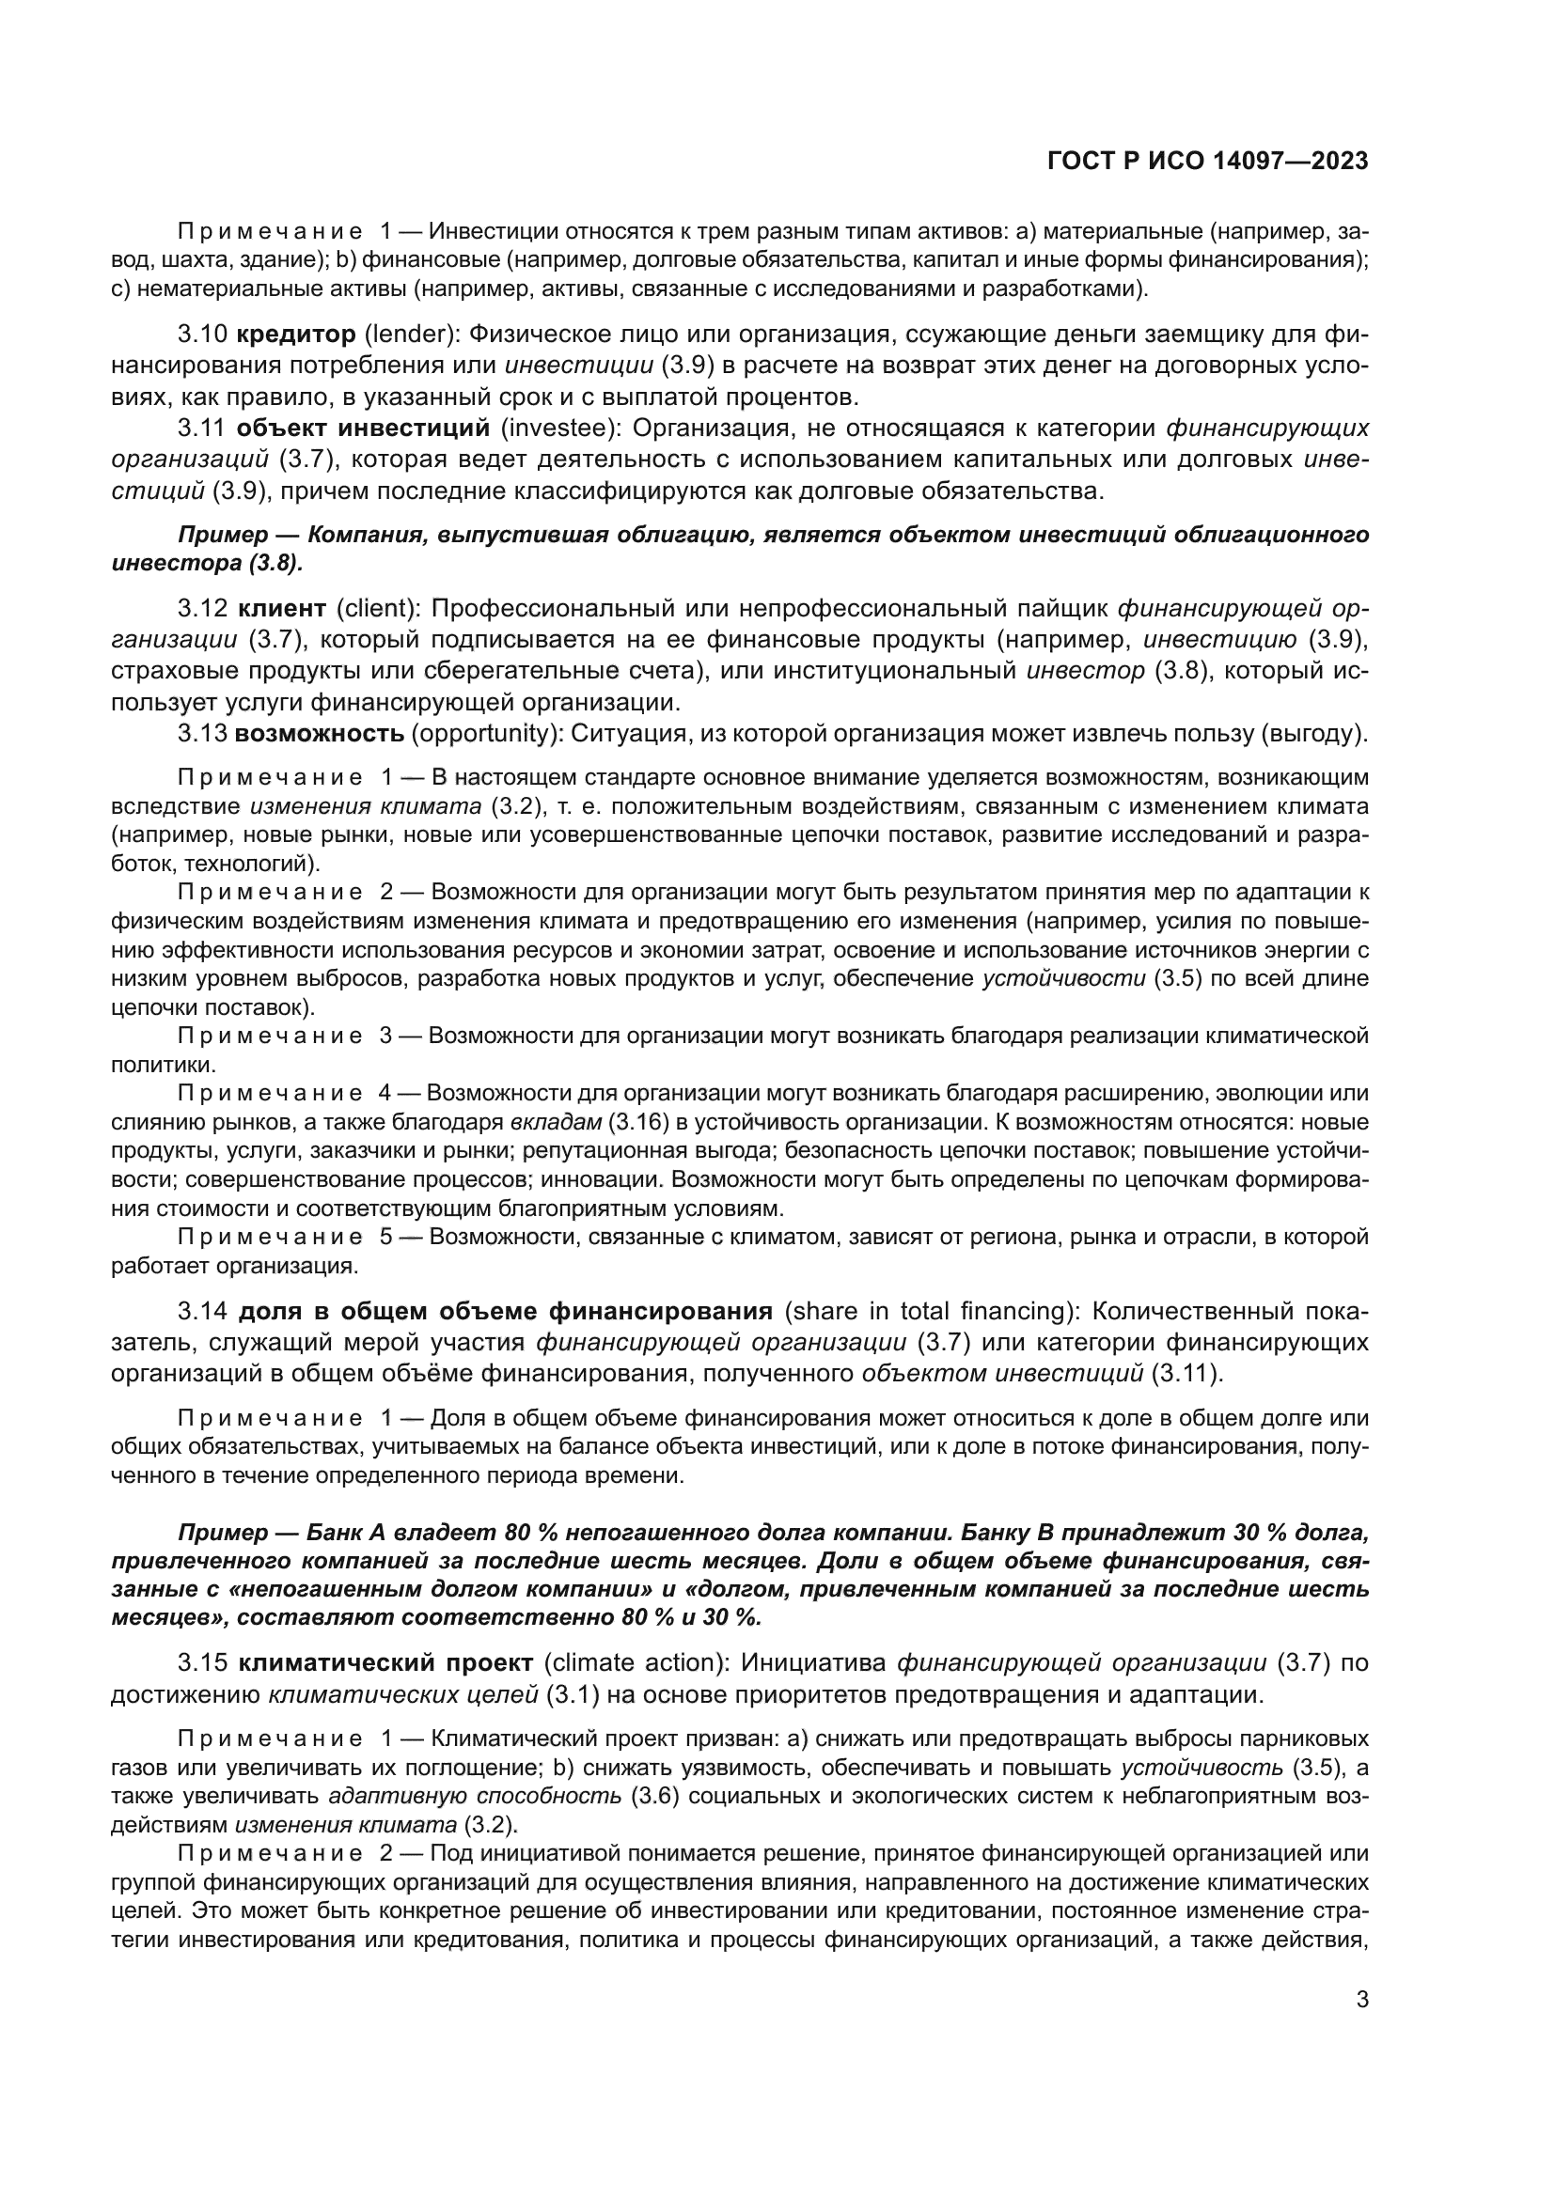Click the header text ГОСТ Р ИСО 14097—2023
click(x=1207, y=162)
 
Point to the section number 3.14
click(x=202, y=1311)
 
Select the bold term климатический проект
click(x=385, y=1663)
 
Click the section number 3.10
click(x=202, y=335)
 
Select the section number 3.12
click(x=202, y=608)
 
